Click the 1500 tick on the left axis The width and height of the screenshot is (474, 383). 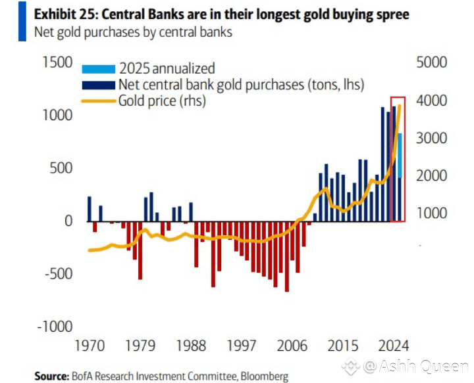tap(57, 63)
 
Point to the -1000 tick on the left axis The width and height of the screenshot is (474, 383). tap(55, 327)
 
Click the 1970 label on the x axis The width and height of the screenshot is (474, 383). tap(86, 346)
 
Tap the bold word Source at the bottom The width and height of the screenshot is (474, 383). tap(51, 376)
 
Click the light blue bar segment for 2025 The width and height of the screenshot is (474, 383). tap(399, 155)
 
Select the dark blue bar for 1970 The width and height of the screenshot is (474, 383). tap(89, 209)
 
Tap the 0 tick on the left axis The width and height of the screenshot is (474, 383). tap(68, 221)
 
